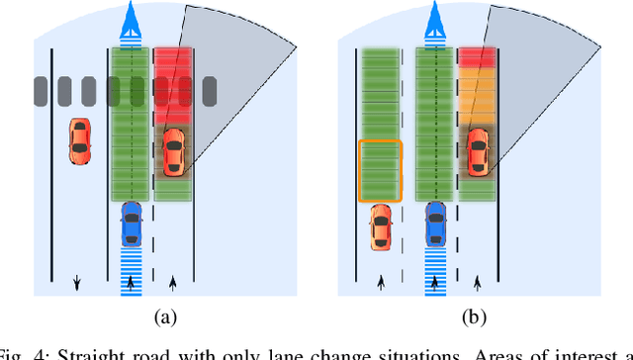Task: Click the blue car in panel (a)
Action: point(132,224)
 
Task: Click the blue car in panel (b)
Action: point(435,224)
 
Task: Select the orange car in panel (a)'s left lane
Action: point(79,140)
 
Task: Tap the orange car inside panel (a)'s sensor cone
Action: point(173,151)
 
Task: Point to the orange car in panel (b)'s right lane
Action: point(478,151)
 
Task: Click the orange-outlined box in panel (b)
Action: point(380,170)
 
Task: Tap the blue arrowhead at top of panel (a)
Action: point(132,19)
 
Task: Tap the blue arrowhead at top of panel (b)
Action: point(435,19)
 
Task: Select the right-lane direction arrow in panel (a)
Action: point(174,283)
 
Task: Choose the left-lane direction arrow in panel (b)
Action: point(381,283)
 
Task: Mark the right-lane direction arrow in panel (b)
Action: point(478,283)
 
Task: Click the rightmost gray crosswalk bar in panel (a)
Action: point(209,91)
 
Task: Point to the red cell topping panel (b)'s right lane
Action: point(478,57)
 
